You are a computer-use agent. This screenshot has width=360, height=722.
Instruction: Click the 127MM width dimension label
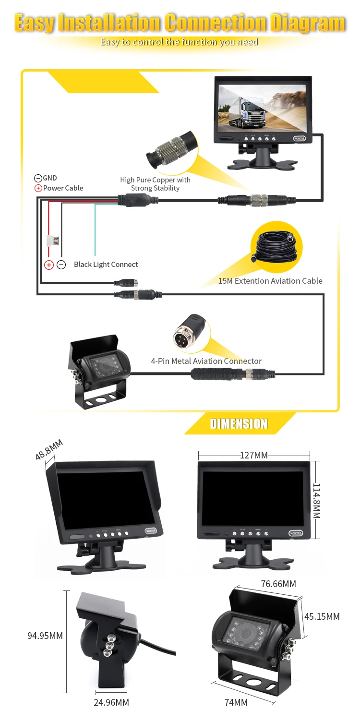point(254,455)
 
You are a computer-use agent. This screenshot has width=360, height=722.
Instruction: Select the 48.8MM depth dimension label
point(48,450)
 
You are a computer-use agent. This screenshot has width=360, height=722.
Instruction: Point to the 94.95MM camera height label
point(45,636)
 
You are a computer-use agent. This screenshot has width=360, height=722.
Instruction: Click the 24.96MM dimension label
point(112,702)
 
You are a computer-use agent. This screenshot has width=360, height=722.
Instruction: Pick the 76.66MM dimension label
point(278,584)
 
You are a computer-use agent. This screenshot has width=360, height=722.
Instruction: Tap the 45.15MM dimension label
point(322,616)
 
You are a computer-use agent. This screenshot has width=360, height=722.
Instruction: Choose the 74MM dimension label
point(236,702)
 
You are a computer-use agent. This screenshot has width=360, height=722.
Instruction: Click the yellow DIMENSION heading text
point(239,424)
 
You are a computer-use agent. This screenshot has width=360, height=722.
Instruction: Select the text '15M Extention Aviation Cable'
point(270,281)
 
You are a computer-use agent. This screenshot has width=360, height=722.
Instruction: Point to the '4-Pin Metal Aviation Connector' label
point(206,361)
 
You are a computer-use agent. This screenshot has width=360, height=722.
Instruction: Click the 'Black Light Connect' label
point(106,265)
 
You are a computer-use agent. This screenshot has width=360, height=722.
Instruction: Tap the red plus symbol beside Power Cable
point(38,188)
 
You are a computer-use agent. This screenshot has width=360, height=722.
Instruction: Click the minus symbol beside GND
point(38,178)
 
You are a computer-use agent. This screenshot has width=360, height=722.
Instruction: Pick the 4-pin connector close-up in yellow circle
point(191,332)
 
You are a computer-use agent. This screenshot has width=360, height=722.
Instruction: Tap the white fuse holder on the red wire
point(53,240)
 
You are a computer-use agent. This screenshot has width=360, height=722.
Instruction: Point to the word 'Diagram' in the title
point(307,23)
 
